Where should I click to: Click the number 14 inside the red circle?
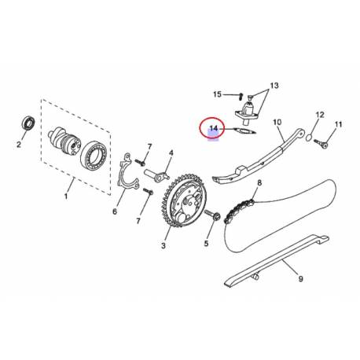pyautogui.click(x=213, y=127)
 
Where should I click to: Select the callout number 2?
pyautogui.click(x=18, y=144)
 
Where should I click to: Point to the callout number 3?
pyautogui.click(x=164, y=247)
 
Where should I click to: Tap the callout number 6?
pyautogui.click(x=115, y=211)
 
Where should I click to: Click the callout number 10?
pyautogui.click(x=277, y=123)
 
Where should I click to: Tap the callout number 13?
pyautogui.click(x=274, y=84)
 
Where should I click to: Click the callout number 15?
pyautogui.click(x=218, y=95)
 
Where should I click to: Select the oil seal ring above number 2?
pyautogui.click(x=28, y=124)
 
